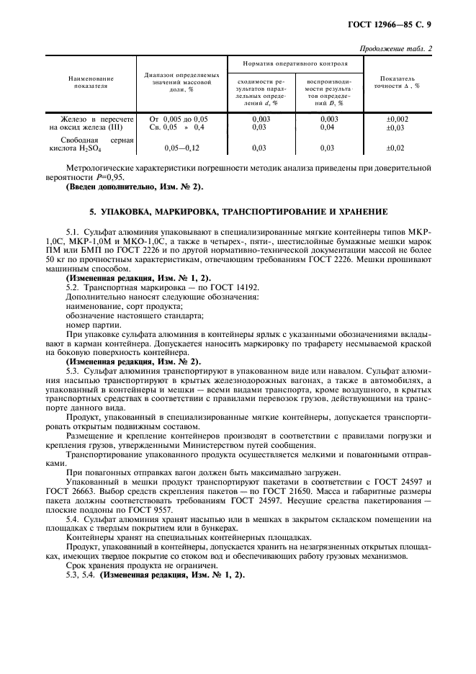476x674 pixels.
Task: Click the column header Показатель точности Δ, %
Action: [x=397, y=81]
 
